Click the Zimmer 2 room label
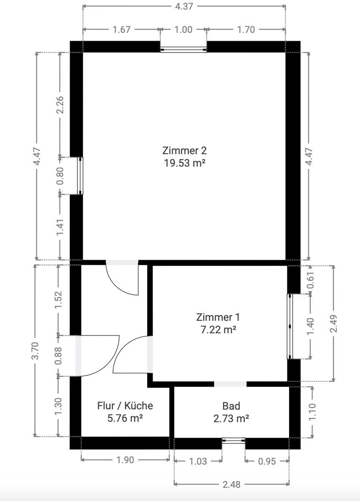coord(184,151)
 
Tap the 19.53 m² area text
coord(184,163)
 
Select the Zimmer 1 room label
coord(218,317)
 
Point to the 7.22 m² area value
coord(218,330)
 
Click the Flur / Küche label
coord(125,406)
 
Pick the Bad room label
coord(231,406)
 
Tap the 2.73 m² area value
coord(231,418)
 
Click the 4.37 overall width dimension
coord(184,6)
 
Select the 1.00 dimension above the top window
coord(183,30)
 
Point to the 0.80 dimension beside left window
coord(60,176)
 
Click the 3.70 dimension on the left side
coord(35,351)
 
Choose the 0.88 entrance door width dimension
coord(58,356)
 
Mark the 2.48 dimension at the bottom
coord(232,484)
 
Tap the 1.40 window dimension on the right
coord(310,326)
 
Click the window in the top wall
coord(183,50)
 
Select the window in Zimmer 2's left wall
coord(81,176)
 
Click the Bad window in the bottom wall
coord(234,440)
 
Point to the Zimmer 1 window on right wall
coord(290,326)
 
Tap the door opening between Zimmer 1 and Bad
coord(230,384)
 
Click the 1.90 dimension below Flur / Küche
coord(125,460)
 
